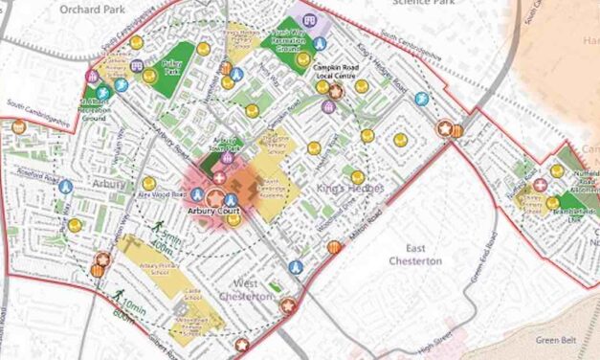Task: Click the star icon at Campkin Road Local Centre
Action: (x=335, y=91)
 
